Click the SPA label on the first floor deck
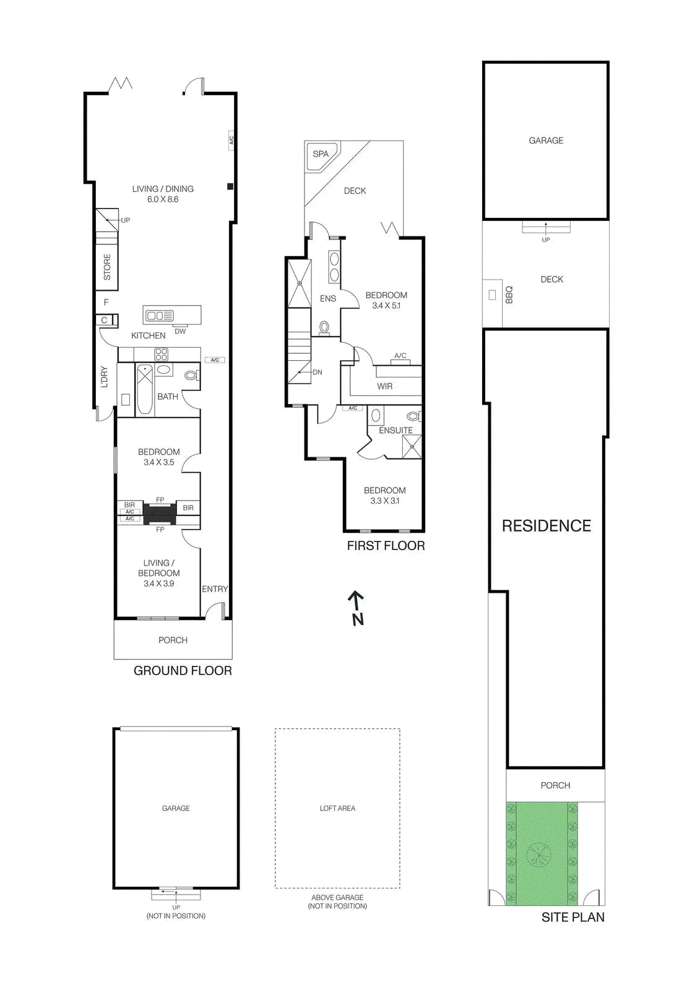point(320,154)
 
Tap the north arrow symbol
point(356,608)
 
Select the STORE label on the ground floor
point(107,267)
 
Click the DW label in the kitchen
point(180,331)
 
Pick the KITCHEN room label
point(148,335)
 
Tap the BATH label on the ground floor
point(168,397)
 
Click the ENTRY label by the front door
point(215,588)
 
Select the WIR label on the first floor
point(384,386)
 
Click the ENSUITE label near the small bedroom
point(395,430)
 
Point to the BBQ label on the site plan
point(509,295)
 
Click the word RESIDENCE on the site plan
point(546,525)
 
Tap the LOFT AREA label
point(337,808)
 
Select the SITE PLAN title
point(573,917)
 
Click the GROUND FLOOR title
point(183,671)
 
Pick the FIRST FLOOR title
point(386,545)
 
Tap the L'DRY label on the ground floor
point(104,377)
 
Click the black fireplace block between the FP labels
point(160,514)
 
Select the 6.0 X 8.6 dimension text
point(163,199)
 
